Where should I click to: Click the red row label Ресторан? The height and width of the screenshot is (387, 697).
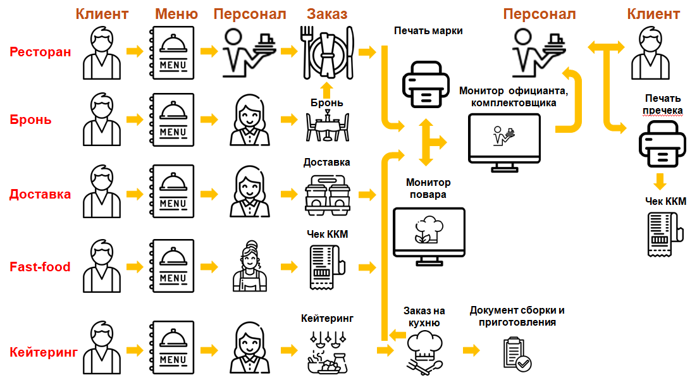[x=40, y=52]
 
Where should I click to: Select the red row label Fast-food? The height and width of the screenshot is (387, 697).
[x=40, y=267]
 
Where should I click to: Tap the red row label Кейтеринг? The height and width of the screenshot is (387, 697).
[x=44, y=352]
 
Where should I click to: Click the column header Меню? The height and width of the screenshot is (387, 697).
[x=176, y=13]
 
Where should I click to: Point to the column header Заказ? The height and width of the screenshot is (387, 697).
[x=327, y=13]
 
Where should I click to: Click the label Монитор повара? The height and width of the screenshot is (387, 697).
[x=426, y=188]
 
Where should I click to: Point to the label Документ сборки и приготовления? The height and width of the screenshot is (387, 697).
[x=517, y=316]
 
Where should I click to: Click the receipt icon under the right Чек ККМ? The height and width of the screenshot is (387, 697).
[x=663, y=233]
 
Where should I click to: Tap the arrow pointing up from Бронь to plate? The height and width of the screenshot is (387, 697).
[x=326, y=88]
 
